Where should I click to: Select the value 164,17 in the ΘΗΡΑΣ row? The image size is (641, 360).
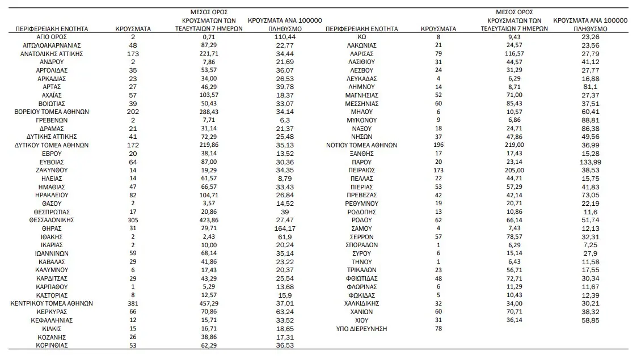click(282, 228)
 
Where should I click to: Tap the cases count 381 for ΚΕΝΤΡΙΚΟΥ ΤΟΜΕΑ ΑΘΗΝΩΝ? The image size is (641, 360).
click(133, 303)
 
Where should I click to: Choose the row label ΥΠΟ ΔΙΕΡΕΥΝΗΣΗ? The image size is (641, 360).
click(361, 328)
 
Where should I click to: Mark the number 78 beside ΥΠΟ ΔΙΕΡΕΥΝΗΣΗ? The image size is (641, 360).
click(438, 328)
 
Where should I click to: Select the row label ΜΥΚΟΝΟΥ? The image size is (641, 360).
click(361, 120)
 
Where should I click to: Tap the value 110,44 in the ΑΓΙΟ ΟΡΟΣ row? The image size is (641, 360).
click(282, 37)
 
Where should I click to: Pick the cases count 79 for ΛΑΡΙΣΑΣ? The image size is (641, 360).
click(438, 54)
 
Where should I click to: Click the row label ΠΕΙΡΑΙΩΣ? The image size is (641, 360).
click(361, 170)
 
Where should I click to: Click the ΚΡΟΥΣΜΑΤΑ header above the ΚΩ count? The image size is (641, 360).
click(438, 28)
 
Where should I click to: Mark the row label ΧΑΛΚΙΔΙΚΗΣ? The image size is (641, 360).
click(361, 303)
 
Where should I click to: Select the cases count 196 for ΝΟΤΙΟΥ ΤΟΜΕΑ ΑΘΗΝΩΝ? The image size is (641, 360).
click(438, 145)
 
